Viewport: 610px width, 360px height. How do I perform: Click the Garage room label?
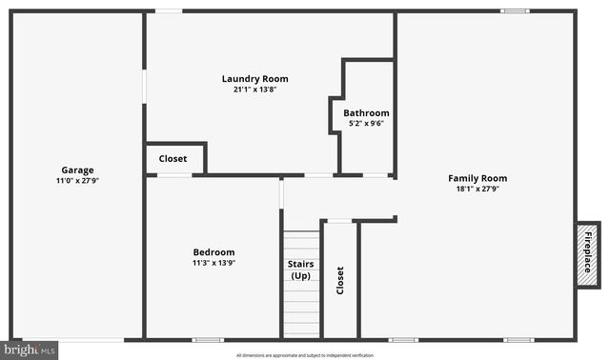pos(78,170)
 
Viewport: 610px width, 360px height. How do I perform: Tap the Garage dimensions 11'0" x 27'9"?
pos(78,180)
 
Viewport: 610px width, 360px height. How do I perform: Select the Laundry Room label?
pos(254,79)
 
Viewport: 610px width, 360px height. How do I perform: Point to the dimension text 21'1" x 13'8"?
pos(254,90)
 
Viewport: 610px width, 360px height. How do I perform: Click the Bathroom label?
pos(366,112)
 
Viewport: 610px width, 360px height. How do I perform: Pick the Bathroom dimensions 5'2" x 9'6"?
pos(366,123)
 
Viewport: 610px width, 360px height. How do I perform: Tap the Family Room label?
pos(478,178)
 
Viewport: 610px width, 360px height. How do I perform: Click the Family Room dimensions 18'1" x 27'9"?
pos(478,189)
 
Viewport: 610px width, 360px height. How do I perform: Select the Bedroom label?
pos(213,252)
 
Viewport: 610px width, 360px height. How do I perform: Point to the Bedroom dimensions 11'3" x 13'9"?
pos(213,263)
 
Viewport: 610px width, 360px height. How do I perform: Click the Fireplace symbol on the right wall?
pos(587,252)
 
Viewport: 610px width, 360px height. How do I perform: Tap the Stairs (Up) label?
pos(301,270)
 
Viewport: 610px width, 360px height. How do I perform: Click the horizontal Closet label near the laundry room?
pos(173,158)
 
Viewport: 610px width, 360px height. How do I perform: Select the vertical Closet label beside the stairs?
pos(340,279)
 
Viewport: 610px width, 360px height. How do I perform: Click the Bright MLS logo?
pos(30,350)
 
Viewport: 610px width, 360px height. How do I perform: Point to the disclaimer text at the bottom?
pos(305,354)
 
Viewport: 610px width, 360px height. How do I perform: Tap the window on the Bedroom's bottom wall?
pos(208,340)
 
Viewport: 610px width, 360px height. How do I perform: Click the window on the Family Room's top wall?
pos(515,10)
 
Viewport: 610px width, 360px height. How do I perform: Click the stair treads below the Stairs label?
pos(301,310)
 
